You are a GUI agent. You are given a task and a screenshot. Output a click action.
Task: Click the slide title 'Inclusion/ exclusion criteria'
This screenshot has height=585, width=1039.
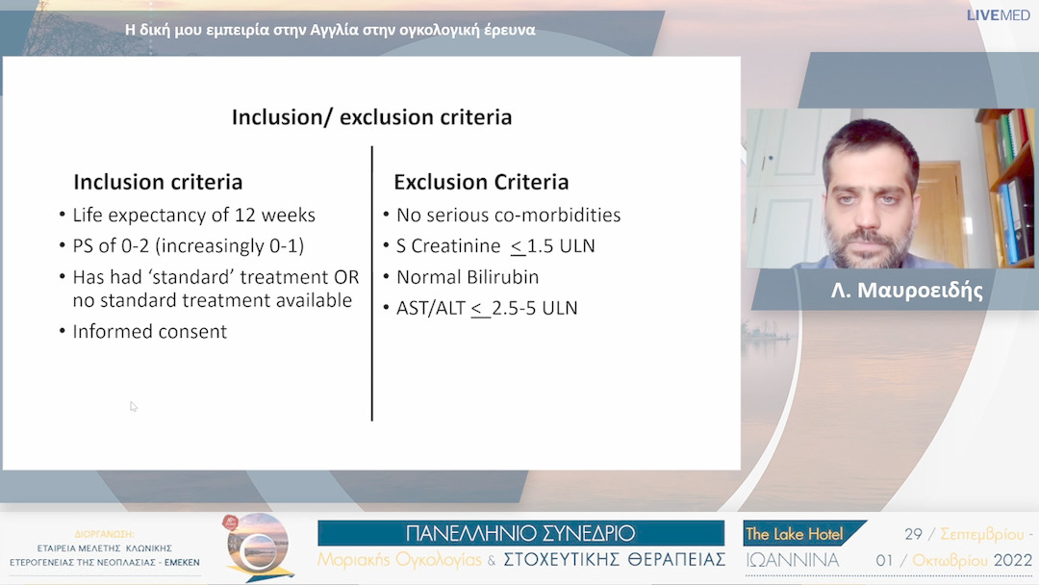371,117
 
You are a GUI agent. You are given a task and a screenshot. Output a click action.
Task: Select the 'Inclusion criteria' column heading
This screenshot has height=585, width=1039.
158,182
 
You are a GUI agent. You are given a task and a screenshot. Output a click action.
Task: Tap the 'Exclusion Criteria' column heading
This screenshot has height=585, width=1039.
481,182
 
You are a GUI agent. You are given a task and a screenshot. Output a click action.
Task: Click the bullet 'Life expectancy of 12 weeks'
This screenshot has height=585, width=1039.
193,215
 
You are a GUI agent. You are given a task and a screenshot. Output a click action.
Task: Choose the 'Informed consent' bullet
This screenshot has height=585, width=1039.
149,332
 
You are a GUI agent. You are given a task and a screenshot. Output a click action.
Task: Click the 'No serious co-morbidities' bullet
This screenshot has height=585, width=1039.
508,215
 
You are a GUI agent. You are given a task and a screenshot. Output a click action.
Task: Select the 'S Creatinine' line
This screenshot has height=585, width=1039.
494,246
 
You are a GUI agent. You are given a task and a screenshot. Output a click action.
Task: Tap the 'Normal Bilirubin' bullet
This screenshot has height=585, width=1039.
467,277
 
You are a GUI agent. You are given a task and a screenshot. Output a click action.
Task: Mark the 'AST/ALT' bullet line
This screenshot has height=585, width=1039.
486,309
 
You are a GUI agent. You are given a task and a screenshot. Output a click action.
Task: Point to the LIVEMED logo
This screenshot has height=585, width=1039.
999,15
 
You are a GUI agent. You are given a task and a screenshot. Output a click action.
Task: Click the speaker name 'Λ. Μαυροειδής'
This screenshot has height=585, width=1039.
906,290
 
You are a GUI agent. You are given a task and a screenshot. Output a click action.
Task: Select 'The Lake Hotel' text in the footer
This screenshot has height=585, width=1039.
794,534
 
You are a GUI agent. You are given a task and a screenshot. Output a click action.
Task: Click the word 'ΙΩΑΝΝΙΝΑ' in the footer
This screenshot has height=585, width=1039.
792,560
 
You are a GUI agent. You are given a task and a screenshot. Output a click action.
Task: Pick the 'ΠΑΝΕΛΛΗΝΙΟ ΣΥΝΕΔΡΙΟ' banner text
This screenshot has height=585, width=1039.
520,533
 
